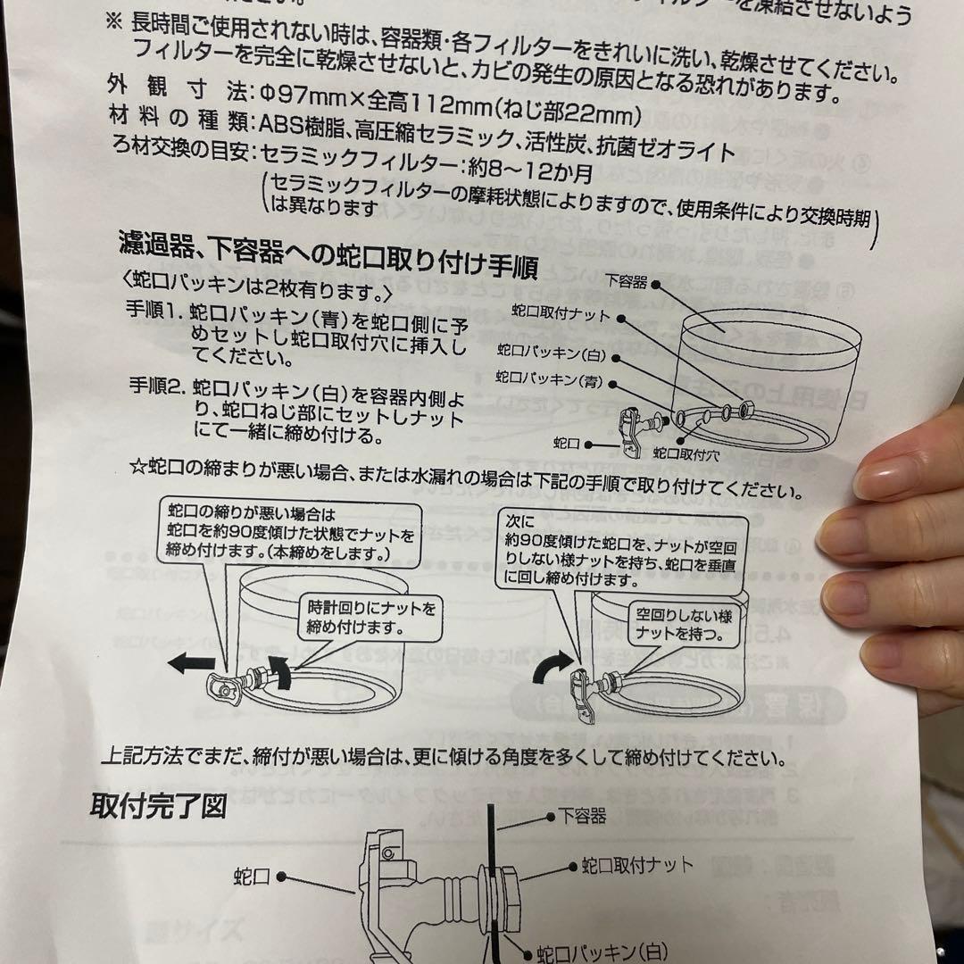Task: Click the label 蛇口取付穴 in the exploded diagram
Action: coord(686,453)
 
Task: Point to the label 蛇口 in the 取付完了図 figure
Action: coord(252,875)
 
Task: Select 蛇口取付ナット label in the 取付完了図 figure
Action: coord(636,865)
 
